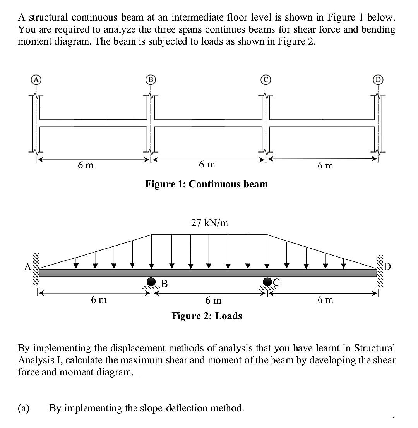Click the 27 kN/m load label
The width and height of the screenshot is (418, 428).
coord(209,223)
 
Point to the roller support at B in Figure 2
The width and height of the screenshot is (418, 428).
coord(151,282)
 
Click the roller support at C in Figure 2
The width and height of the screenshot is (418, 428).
coord(267,282)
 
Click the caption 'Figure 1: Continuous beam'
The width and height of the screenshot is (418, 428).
coord(206,184)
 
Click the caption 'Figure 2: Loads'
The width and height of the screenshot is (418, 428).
coord(207,316)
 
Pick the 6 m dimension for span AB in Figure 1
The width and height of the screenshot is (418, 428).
coord(86,165)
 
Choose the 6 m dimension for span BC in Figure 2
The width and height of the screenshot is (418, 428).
coord(213,300)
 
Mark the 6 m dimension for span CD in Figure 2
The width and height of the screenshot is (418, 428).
coord(325,300)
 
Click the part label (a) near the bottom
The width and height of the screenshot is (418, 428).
coord(24,408)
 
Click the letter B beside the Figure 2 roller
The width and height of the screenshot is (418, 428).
coord(164,284)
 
